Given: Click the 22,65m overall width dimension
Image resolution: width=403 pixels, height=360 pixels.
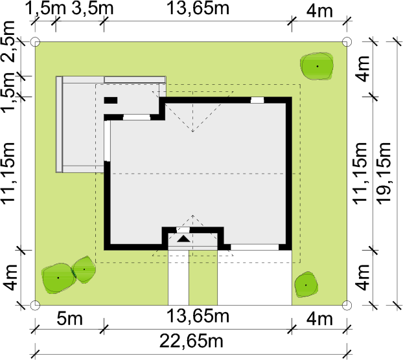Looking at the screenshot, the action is (x=191, y=341).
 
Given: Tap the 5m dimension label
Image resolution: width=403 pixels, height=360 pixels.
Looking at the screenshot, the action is (x=70, y=319).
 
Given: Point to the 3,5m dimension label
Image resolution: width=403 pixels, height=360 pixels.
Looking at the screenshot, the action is (x=92, y=8).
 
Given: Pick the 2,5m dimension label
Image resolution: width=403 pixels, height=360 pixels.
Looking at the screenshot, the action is (x=8, y=41).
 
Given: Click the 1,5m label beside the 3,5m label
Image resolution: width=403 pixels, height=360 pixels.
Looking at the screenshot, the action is (x=46, y=8).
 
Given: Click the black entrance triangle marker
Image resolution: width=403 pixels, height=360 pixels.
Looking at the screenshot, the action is (x=184, y=239).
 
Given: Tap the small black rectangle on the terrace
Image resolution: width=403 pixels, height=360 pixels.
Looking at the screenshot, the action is (x=111, y=100).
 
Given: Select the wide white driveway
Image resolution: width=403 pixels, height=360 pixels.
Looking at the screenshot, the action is (x=255, y=278).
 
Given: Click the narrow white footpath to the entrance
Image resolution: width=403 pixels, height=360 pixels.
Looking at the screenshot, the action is (x=178, y=278).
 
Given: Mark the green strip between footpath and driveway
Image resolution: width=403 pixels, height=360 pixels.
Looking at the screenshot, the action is (x=203, y=278).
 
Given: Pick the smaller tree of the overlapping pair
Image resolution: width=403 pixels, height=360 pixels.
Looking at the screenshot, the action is (x=84, y=269).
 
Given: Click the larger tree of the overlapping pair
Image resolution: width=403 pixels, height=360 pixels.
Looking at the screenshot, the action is (x=58, y=278).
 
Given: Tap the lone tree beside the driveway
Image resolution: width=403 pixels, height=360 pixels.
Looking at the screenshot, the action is (x=306, y=285).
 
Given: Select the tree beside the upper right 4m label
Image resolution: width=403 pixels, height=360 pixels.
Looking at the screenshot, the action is (x=317, y=66).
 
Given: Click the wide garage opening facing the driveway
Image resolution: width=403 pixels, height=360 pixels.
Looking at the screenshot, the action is (x=255, y=247).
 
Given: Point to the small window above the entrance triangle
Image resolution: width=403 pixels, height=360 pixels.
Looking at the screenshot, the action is (x=183, y=230).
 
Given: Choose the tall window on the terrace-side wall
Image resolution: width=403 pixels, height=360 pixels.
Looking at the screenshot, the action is (x=107, y=141).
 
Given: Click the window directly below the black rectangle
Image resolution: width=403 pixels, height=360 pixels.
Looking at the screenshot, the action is (x=137, y=117).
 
